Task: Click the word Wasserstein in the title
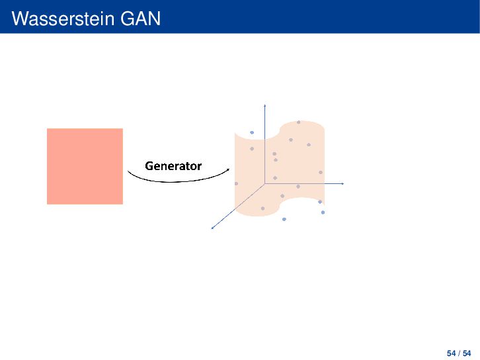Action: pyautogui.click(x=63, y=19)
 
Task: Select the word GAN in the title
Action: pyautogui.click(x=141, y=19)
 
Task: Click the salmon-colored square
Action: pyautogui.click(x=85, y=166)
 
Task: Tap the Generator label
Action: pyautogui.click(x=173, y=166)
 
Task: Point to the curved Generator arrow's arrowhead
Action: pyautogui.click(x=228, y=169)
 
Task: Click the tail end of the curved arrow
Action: pyautogui.click(x=128, y=171)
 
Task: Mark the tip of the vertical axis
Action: pyautogui.click(x=265, y=105)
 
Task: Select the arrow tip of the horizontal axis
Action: pyautogui.click(x=343, y=183)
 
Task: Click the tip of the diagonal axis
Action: pyautogui.click(x=212, y=228)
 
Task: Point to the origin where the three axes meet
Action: pyautogui.click(x=265, y=183)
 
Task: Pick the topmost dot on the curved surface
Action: pyautogui.click(x=299, y=122)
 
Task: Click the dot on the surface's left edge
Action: pyautogui.click(x=236, y=183)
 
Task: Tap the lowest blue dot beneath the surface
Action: pyautogui.click(x=284, y=219)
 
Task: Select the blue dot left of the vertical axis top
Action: pyautogui.click(x=252, y=132)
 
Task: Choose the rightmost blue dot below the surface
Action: pyautogui.click(x=323, y=212)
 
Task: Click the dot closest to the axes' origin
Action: pyautogui.click(x=275, y=178)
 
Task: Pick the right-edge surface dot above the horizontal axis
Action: pyautogui.click(x=321, y=173)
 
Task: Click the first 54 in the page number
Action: pyautogui.click(x=451, y=353)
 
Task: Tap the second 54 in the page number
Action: pyautogui.click(x=467, y=353)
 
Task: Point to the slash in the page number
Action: pyautogui.click(x=459, y=353)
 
